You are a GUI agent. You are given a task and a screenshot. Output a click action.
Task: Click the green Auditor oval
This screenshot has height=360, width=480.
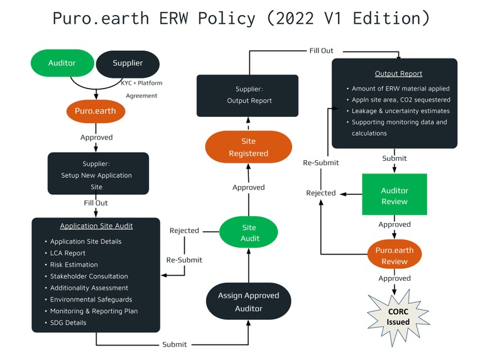click(x=62, y=63)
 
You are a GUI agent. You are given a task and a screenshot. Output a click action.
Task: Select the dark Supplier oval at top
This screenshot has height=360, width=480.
click(x=128, y=63)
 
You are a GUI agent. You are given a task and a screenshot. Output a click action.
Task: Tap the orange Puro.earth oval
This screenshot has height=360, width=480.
click(x=96, y=112)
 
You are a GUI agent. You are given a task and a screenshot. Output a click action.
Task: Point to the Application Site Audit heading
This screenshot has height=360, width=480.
click(x=96, y=226)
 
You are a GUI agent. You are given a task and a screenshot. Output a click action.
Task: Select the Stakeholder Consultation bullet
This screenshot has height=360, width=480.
click(x=89, y=276)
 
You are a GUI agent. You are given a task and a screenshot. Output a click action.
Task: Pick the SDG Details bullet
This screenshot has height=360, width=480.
click(x=68, y=323)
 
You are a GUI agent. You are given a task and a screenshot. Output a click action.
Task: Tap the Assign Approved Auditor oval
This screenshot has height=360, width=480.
click(x=249, y=302)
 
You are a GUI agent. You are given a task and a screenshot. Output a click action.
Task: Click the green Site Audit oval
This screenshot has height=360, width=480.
click(x=249, y=232)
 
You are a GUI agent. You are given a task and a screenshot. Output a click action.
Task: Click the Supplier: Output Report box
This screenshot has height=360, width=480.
click(x=248, y=95)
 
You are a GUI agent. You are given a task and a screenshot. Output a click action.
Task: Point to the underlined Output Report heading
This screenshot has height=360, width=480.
click(x=398, y=74)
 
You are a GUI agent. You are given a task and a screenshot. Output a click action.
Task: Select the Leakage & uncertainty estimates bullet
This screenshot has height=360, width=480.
click(x=400, y=111)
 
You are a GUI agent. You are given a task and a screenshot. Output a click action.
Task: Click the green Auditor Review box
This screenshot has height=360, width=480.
click(x=395, y=196)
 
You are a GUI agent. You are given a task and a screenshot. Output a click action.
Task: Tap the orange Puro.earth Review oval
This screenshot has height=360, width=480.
click(x=395, y=255)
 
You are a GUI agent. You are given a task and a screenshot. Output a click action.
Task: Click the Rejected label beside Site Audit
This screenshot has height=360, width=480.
click(x=184, y=231)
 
